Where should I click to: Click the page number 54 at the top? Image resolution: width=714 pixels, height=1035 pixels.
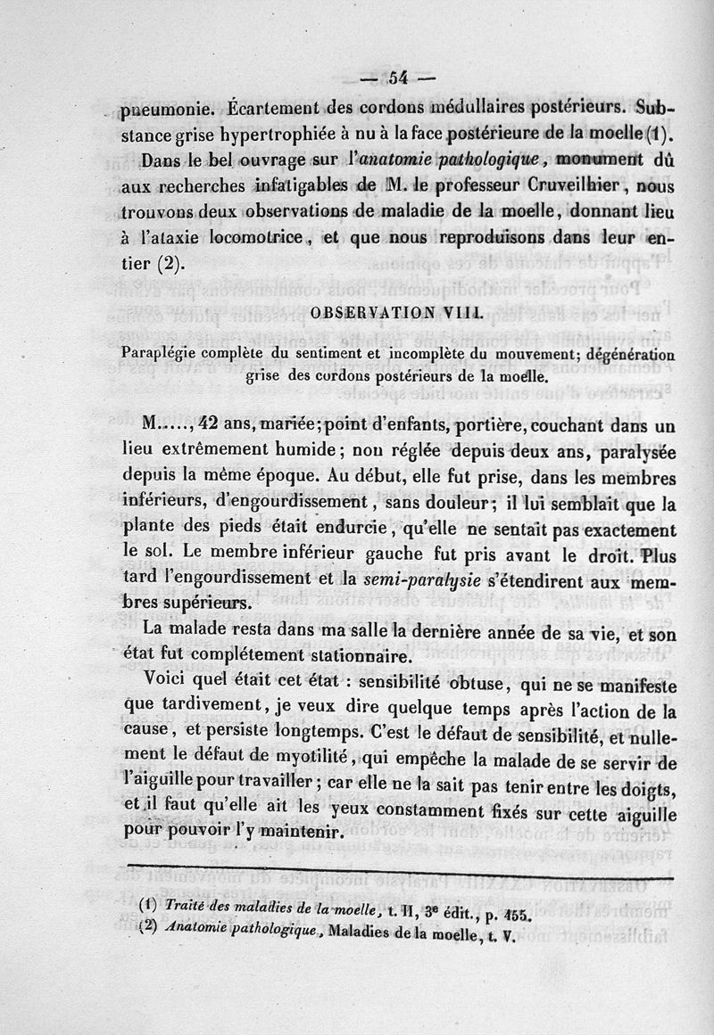point(398,78)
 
